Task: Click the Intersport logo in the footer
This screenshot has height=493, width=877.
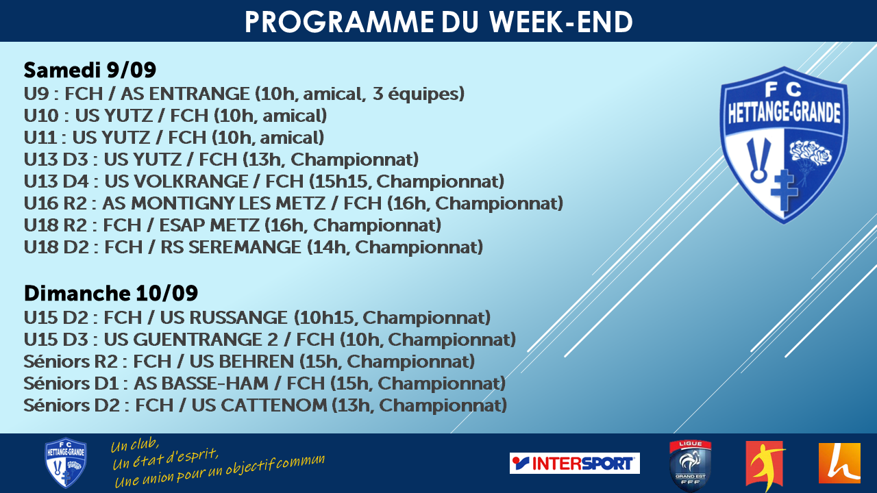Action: [x=574, y=464]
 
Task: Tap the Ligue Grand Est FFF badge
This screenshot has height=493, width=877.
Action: [x=690, y=465]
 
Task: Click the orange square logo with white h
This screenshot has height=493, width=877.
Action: [x=839, y=464]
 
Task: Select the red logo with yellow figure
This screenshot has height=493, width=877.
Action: [x=765, y=465]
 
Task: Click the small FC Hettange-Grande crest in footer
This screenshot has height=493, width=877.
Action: [x=65, y=463]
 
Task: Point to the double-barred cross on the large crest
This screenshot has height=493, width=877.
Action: [x=784, y=190]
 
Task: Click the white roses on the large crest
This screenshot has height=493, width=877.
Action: [x=811, y=153]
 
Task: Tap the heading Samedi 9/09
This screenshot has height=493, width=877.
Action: [x=90, y=70]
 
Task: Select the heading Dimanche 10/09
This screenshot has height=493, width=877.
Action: [x=111, y=293]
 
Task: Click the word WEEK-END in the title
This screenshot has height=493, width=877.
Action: [x=560, y=22]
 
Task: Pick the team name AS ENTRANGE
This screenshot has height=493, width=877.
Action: [x=185, y=94]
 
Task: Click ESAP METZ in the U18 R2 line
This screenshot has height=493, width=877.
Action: [x=209, y=225]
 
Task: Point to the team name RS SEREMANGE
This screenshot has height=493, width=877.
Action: [x=231, y=247]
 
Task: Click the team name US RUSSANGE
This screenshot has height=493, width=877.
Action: [x=223, y=318]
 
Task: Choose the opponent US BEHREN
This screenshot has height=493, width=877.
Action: [x=242, y=362]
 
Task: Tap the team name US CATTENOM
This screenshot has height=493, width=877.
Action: [x=259, y=405]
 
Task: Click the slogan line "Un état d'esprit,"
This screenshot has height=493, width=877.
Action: [x=165, y=459]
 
